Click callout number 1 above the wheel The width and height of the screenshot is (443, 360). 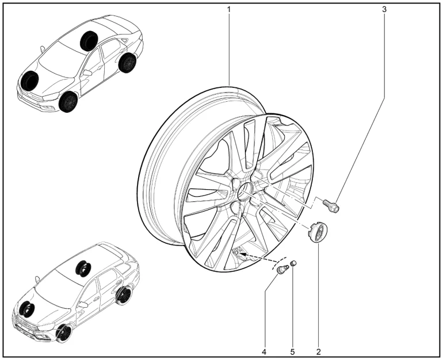tap(229, 9)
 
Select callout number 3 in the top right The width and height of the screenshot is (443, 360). tap(384, 9)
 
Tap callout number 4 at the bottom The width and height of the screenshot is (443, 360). tap(264, 352)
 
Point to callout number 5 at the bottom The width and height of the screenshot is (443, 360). tap(292, 352)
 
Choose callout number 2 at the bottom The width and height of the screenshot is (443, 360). tap(318, 352)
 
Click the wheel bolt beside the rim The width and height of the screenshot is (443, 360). tap(331, 205)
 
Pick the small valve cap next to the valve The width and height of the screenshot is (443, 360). tap(293, 263)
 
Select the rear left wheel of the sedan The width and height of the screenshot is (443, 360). tap(127, 62)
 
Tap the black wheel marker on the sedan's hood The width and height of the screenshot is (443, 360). tap(30, 80)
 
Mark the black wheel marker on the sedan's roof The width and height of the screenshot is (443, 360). tap(89, 41)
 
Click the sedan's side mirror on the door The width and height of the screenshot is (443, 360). tap(87, 72)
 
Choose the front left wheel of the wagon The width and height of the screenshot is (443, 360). tap(64, 334)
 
